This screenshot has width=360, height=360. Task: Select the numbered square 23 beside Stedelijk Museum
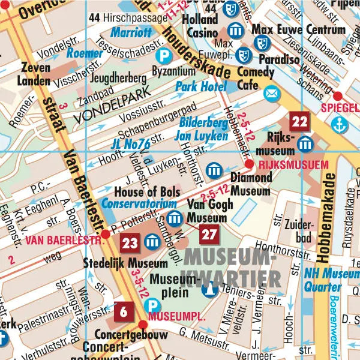[130, 242]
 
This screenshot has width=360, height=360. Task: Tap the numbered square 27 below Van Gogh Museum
[209, 234]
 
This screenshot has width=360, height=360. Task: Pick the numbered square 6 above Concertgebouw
[123, 311]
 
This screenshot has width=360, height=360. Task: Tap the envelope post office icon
[272, 93]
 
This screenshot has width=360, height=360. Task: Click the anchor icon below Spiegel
[340, 126]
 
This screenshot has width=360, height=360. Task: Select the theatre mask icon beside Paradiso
[243, 56]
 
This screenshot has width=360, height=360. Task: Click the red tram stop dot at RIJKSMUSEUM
[250, 164]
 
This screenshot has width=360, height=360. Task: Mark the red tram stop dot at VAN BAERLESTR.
[106, 233]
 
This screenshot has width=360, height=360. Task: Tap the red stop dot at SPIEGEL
[338, 95]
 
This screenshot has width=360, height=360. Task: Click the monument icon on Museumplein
[209, 290]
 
